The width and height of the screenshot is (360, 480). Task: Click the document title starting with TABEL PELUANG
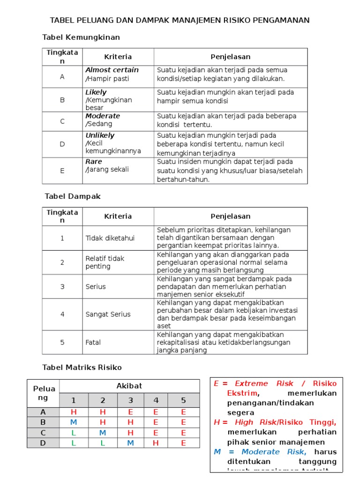coord(180,20)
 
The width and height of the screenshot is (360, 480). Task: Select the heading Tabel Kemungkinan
coord(81,37)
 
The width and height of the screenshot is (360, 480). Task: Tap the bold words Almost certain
coord(112,70)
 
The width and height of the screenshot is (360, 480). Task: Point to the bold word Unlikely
coord(100,135)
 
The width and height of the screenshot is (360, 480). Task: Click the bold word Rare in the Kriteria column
coord(94,162)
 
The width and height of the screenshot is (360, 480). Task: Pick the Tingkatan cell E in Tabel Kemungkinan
coord(62,171)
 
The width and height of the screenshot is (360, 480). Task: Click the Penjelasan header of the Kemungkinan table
coord(230,57)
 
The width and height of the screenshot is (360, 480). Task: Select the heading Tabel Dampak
coord(73,196)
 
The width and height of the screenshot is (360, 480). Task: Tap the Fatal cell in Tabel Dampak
coord(93,342)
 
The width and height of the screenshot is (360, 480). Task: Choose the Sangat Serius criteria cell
coord(108,314)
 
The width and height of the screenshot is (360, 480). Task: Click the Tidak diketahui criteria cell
coord(110,238)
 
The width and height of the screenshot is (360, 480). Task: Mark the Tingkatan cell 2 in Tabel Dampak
coord(62,262)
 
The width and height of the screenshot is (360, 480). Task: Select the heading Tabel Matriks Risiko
coord(82,367)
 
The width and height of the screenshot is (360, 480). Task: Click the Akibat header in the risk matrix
coord(129,386)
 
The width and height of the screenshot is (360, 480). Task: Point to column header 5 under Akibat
coord(183,400)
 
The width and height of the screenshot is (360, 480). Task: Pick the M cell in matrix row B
coord(74,422)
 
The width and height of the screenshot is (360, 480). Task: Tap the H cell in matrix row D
coord(156,443)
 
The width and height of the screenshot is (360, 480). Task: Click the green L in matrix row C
coord(74,433)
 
